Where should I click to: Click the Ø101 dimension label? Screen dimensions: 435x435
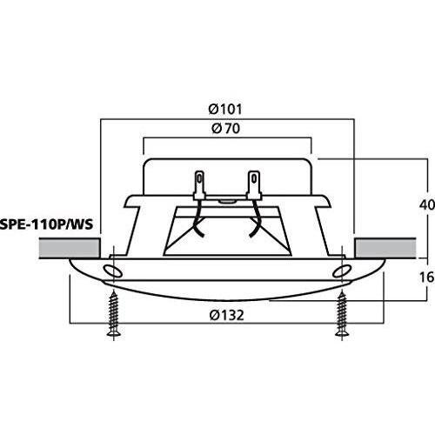(225, 110)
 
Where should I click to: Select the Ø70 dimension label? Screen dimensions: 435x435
(226, 129)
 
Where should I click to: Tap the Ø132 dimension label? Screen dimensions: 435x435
(227, 315)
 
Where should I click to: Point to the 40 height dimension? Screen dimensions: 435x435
(427, 205)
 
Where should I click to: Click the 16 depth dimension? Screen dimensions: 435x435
(427, 278)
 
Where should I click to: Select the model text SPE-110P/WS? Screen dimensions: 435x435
(46, 224)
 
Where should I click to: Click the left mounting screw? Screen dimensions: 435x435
(114, 314)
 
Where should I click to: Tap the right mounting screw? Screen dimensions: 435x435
(342, 314)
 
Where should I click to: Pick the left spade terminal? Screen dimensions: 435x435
(199, 184)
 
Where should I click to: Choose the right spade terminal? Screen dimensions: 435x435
(254, 184)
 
